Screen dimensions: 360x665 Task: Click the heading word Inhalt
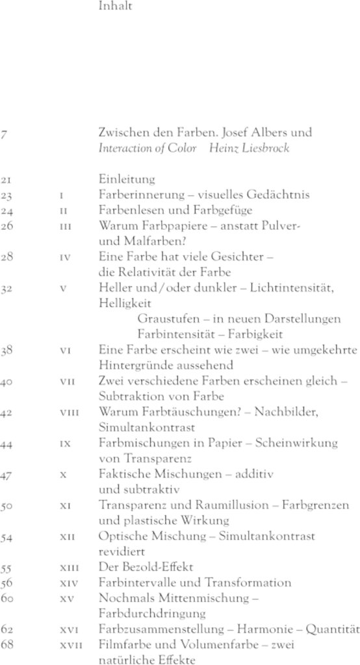114,8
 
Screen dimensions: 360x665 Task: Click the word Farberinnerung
134,194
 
